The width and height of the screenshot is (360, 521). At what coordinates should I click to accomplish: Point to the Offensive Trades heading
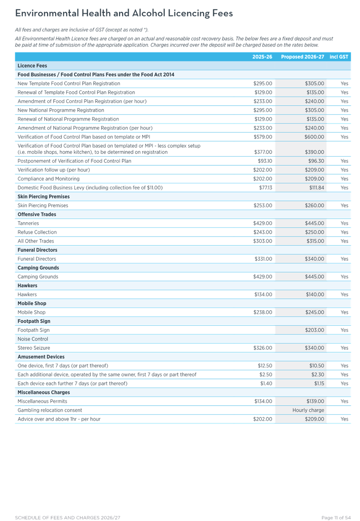tap(37, 214)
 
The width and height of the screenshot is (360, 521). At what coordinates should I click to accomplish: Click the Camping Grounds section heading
tap(38, 268)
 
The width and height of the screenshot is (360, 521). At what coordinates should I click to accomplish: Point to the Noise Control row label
tap(33, 339)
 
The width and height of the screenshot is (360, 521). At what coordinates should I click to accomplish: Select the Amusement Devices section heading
tap(41, 357)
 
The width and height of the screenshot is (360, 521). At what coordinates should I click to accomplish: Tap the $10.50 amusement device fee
tap(317, 365)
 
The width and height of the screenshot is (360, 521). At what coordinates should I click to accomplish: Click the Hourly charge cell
tap(308, 410)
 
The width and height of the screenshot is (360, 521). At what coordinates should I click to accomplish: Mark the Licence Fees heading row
tap(32, 65)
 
